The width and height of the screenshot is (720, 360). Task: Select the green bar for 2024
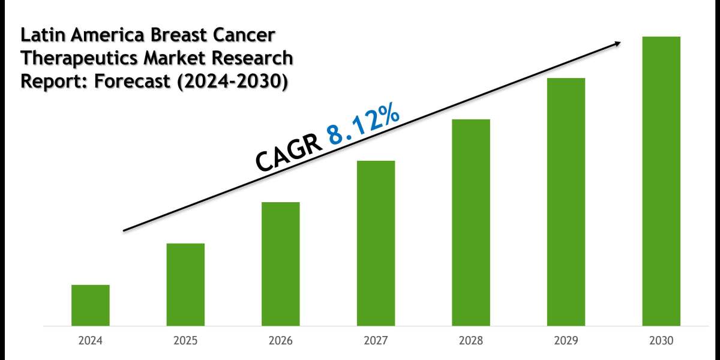[90, 305]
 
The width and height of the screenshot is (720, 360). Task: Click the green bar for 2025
[185, 284]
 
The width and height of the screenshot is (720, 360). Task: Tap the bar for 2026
[281, 264]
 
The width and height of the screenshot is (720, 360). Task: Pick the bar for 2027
[376, 243]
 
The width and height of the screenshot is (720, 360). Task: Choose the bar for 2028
[471, 223]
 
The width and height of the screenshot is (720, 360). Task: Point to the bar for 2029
[566, 202]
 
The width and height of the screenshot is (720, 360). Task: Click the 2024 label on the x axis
[90, 341]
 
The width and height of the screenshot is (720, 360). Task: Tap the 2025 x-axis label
[185, 341]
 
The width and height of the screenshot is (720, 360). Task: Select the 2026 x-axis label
[281, 341]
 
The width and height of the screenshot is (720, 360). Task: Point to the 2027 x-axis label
[376, 341]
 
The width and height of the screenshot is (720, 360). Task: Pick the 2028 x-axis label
[471, 341]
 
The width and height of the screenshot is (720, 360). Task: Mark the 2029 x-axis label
[566, 341]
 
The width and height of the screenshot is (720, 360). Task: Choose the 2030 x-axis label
[661, 341]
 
